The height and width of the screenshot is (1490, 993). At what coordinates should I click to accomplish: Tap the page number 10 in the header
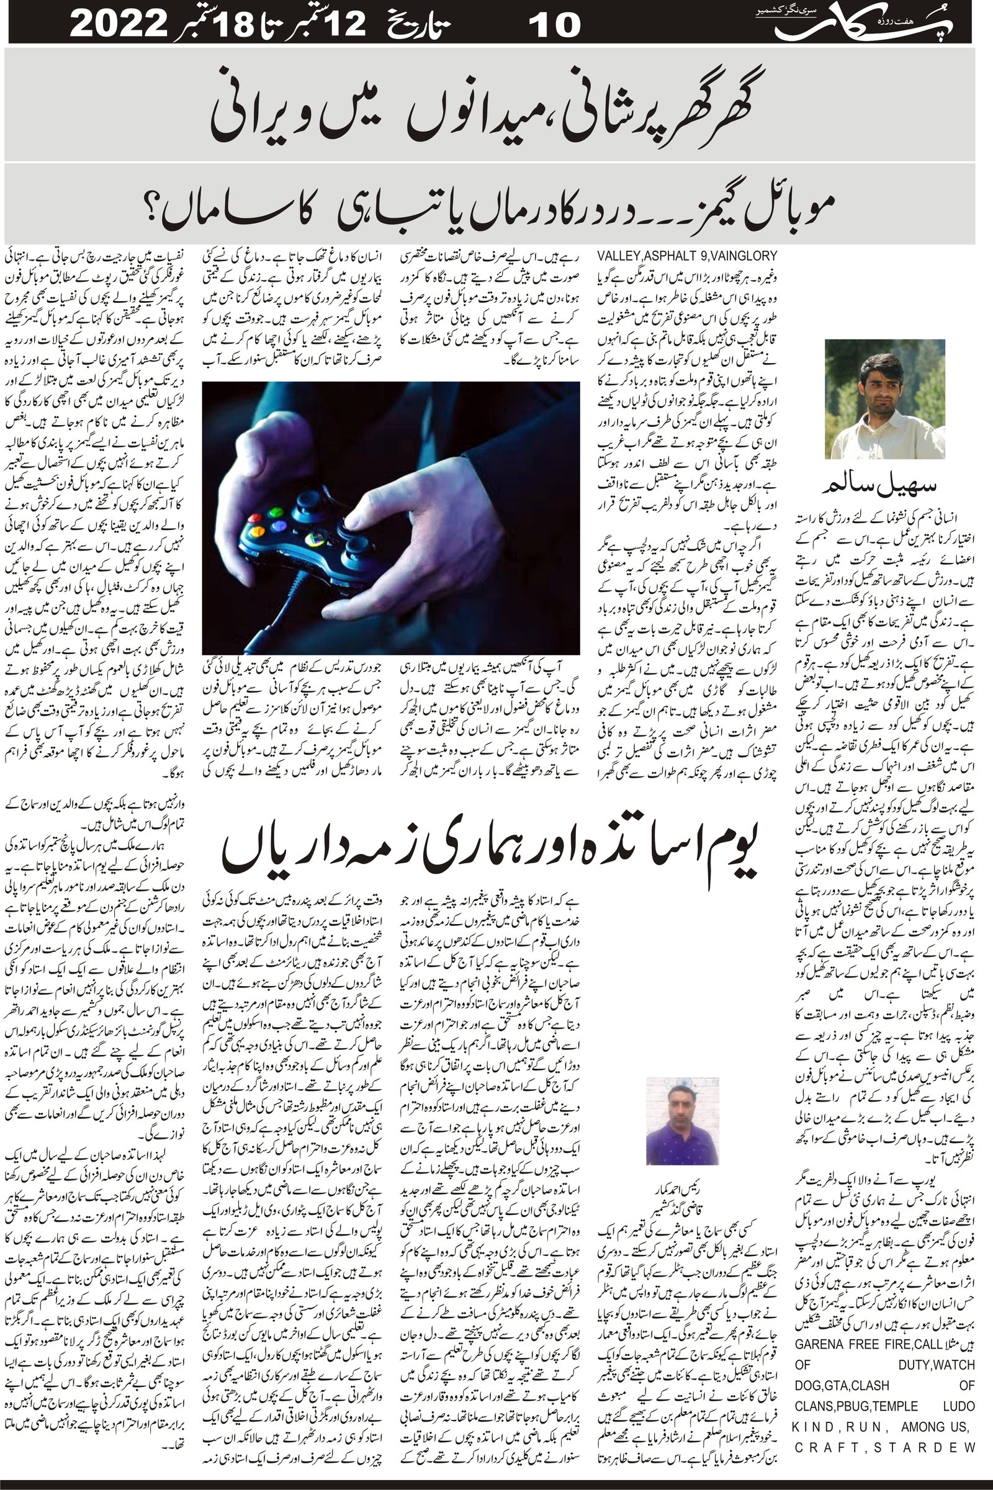coord(554,25)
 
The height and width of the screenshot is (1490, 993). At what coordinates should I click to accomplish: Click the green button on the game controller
coord(276,511)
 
